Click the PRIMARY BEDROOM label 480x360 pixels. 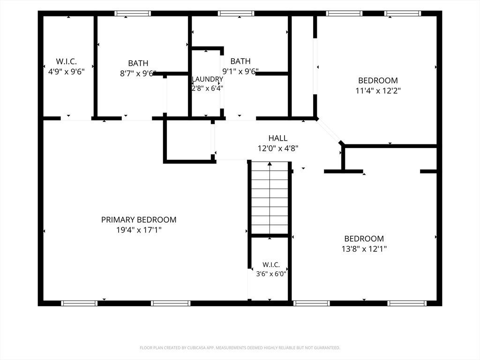coord(139,220)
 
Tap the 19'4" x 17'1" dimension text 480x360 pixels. coord(139,230)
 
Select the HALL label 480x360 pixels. coord(278,138)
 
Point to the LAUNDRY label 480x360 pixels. coord(207,79)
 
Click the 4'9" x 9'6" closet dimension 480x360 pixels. coord(67,72)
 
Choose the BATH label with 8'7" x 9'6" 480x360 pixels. coord(138,63)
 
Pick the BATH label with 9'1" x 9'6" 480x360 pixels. coord(240,61)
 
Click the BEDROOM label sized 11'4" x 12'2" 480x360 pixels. coord(378,81)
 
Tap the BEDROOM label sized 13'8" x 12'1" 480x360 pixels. coord(364,239)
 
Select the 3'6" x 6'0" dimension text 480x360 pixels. coord(271,274)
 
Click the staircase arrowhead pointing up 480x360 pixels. coord(270,164)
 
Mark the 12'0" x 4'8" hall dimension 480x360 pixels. coord(278,149)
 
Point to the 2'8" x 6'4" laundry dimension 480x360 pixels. coord(207,89)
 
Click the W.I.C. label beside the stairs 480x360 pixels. coord(271,264)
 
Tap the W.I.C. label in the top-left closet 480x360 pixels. coord(67,61)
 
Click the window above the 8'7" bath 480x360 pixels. coord(133,14)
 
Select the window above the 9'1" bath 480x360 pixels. coord(236,14)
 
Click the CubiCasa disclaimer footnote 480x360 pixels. coord(240,348)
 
